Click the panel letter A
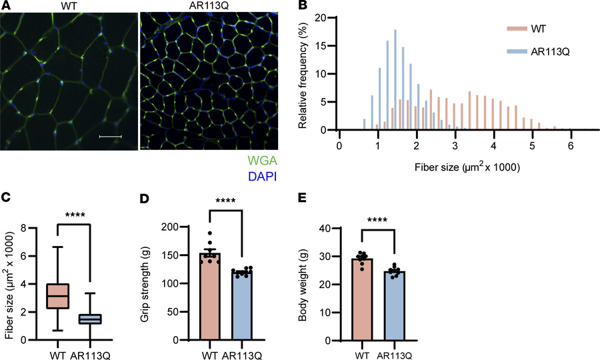tap(5, 6)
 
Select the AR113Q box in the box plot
tap(88, 319)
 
